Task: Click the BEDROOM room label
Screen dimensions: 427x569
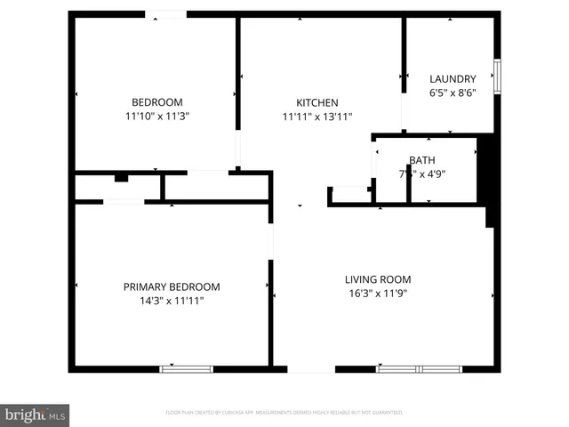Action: coord(157,101)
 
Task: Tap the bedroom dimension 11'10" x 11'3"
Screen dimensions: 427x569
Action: coord(157,116)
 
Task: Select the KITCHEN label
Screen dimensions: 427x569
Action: coord(317,102)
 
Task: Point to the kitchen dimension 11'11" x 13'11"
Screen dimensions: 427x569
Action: coord(317,117)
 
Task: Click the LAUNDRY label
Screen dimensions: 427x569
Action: coord(453,78)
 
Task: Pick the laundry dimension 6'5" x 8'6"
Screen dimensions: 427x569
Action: coord(453,93)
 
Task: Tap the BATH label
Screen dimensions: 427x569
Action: coord(421,160)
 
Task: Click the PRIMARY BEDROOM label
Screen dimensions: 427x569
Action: coord(172,286)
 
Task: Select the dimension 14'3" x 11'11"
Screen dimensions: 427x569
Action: coord(172,301)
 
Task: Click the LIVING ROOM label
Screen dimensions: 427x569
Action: coord(377,279)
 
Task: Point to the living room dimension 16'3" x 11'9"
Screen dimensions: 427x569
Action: coord(377,293)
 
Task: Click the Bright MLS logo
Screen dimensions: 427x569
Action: coord(36,414)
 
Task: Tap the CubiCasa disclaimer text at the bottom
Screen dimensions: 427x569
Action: coord(284,412)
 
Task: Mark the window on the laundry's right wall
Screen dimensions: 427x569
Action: coord(497,70)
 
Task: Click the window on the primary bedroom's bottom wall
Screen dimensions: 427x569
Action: coord(186,368)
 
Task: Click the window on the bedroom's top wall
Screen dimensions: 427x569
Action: coord(166,14)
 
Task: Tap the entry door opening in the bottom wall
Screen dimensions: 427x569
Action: coord(311,368)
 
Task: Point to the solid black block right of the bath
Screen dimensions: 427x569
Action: coord(486,169)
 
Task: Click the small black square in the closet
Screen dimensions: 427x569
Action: coord(121,178)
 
